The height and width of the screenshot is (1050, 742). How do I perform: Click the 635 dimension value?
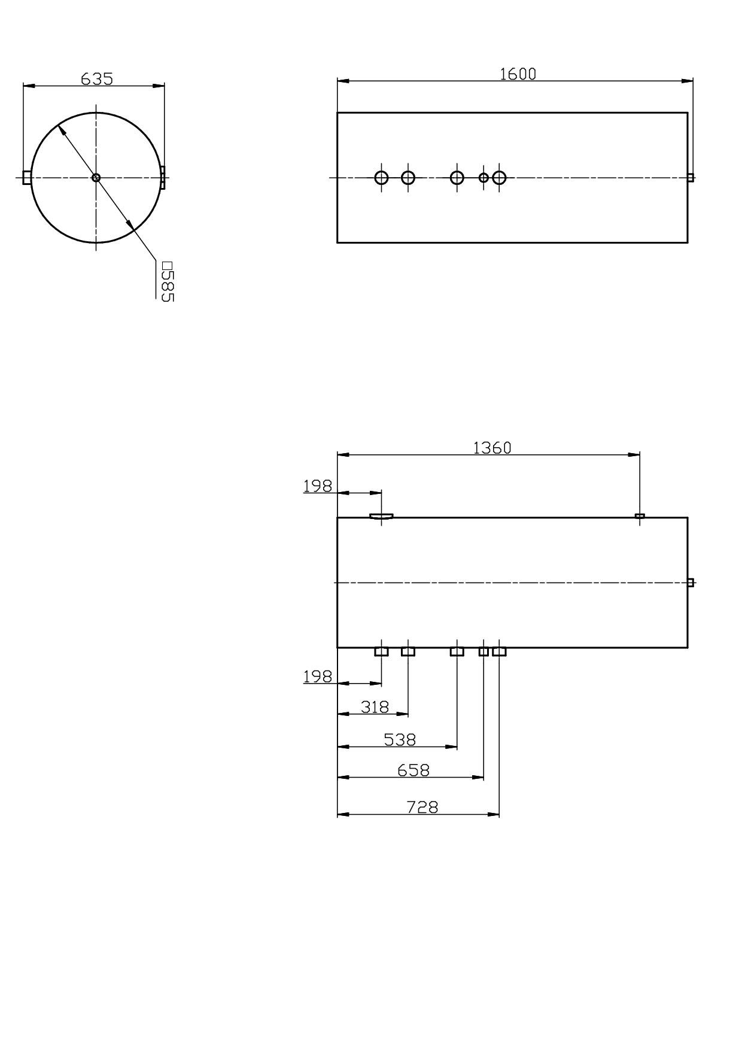(x=97, y=78)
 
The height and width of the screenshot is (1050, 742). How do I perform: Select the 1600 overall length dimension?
(x=518, y=74)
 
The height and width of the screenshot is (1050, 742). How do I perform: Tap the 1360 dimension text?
(x=492, y=448)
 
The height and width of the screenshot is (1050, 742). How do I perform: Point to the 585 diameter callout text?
(x=168, y=281)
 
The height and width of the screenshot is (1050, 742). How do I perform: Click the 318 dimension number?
(x=375, y=707)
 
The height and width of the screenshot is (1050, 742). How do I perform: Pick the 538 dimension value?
(x=400, y=740)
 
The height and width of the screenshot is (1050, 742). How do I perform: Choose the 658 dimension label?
(x=413, y=770)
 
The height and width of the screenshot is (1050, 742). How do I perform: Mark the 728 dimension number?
(x=422, y=807)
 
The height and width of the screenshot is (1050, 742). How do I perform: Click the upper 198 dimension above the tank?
(x=317, y=486)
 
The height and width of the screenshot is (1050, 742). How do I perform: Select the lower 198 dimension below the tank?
(x=317, y=676)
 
